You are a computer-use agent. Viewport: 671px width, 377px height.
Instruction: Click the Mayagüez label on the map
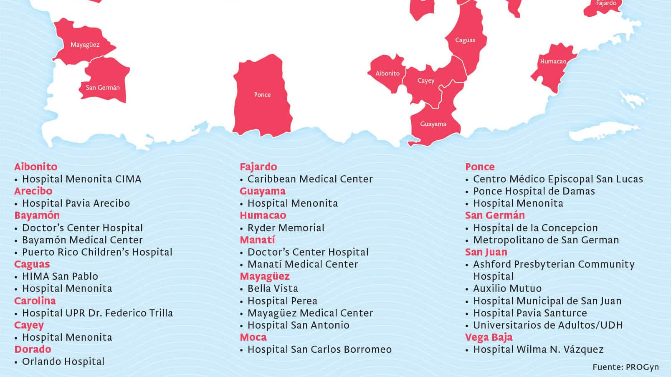(85, 45)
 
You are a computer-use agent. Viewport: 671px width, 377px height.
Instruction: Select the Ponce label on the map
(262, 95)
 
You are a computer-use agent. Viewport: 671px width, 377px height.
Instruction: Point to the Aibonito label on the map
(387, 73)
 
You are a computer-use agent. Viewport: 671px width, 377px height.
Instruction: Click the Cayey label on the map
(426, 81)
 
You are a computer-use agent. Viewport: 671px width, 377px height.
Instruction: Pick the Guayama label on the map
(433, 124)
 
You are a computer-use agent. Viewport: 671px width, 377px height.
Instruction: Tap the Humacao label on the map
(553, 61)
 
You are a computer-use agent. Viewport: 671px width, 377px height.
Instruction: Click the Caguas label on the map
(465, 40)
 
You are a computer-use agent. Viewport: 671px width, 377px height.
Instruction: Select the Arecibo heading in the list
(33, 191)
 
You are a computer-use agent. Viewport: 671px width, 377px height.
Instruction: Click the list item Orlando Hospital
(63, 362)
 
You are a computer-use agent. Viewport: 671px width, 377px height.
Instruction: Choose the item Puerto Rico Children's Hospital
(97, 252)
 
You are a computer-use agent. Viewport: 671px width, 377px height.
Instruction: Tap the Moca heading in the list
(253, 337)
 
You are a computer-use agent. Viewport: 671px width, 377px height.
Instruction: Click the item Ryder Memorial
(286, 228)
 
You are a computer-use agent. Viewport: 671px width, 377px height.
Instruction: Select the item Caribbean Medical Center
(310, 179)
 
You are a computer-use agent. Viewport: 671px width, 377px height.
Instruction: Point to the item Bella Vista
(273, 288)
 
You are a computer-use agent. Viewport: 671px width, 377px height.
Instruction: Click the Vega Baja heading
(489, 337)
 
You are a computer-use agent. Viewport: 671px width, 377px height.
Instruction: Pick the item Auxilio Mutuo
(507, 288)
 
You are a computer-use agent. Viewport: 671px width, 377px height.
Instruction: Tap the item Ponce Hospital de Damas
(534, 191)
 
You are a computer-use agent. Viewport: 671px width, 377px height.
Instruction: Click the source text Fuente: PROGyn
(625, 367)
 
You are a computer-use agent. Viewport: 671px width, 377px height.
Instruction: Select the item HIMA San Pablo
(60, 276)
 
